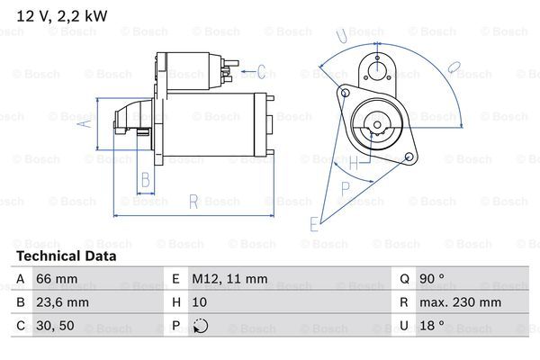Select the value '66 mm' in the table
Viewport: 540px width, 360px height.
click(55, 280)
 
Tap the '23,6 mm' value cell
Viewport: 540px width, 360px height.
click(62, 303)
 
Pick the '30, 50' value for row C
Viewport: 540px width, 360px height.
click(55, 327)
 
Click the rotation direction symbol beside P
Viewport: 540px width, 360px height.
click(201, 327)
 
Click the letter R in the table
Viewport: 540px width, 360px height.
click(404, 303)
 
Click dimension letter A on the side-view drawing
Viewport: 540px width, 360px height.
click(86, 124)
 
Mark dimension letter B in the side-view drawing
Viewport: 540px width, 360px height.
click(144, 179)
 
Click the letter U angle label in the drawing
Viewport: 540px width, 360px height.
click(342, 36)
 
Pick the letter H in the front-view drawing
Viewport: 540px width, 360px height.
click(354, 164)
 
